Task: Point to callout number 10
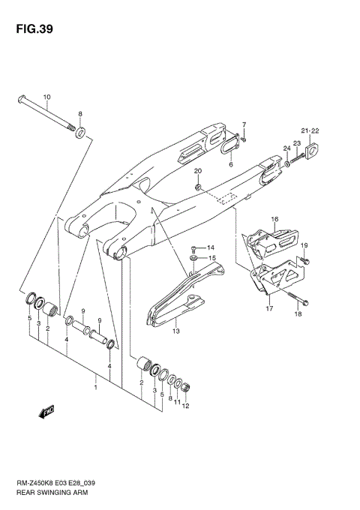tap(46, 97)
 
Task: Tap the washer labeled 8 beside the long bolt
tap(81, 135)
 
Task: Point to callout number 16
tap(274, 219)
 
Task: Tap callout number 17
tap(269, 308)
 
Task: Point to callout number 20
tap(198, 171)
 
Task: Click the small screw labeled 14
tap(194, 247)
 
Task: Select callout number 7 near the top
tap(244, 123)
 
